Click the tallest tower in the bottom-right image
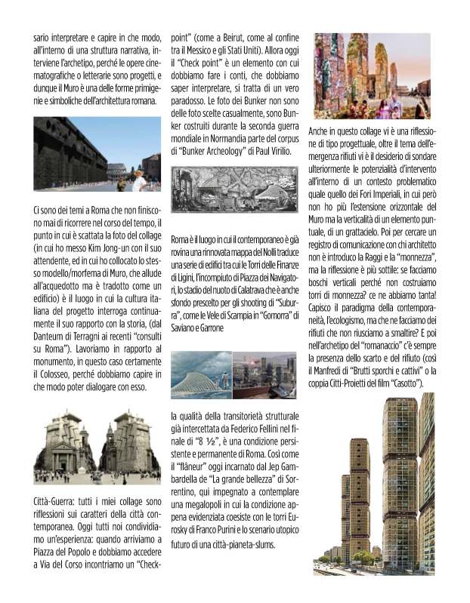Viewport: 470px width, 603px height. [400, 483]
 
